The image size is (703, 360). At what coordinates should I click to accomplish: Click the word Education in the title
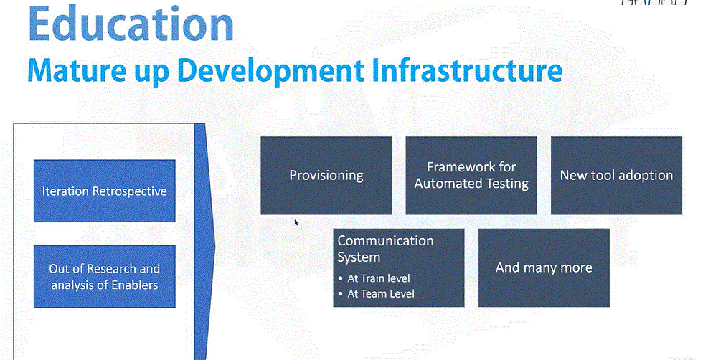point(131,24)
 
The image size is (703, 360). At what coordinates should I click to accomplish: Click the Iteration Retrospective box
point(105,191)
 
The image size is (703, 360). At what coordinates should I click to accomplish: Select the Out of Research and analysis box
point(105,276)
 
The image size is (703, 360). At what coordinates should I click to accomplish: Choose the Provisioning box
point(326,175)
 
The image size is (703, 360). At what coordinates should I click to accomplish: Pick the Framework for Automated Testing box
point(471,175)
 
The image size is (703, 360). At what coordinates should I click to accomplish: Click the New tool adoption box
point(616,175)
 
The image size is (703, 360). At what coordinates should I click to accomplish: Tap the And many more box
point(544,267)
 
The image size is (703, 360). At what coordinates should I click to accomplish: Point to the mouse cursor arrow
point(296,222)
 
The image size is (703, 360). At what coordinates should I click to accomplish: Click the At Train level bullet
point(374,278)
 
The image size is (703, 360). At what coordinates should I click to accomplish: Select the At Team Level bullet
point(377,293)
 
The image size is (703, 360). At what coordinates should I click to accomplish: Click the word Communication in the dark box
point(386,241)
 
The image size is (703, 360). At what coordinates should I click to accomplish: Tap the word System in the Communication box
point(359,257)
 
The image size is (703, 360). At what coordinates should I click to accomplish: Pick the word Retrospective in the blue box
point(129,191)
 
